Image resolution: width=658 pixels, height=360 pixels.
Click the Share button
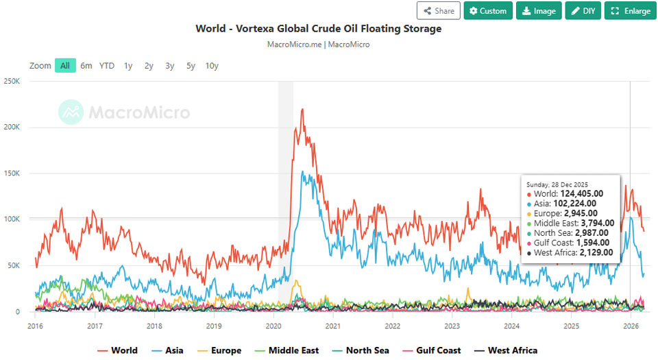438,11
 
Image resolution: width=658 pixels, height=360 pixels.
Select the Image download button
539,11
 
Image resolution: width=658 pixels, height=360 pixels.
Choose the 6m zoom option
86,66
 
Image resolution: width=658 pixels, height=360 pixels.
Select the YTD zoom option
106,66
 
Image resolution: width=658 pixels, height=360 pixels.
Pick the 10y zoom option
212,66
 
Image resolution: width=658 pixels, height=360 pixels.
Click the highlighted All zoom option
65,66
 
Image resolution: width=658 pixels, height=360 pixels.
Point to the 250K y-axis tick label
13,81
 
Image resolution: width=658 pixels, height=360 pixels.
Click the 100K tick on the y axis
13,219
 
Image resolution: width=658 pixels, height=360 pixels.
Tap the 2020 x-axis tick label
273,326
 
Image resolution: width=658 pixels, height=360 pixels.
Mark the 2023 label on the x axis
452,326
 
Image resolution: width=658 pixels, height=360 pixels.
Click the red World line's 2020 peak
302,110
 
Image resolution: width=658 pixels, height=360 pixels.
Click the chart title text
318,29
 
